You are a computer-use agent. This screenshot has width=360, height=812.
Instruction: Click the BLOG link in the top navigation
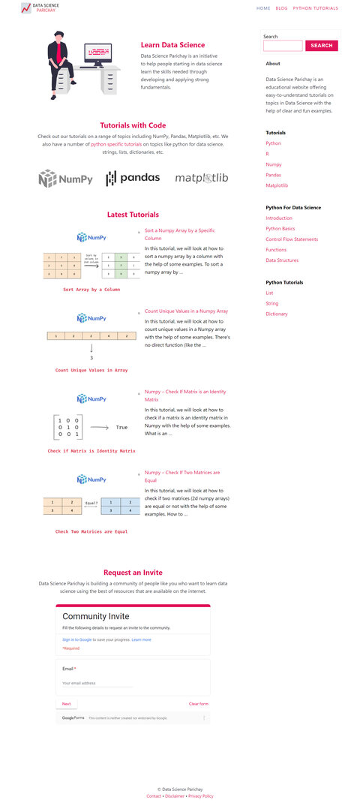pos(281,8)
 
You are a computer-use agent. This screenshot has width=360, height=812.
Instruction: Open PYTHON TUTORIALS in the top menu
pos(315,8)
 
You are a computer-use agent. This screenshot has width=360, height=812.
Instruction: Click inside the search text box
pos(283,46)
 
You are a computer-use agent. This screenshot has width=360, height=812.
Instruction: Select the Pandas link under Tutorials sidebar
pos(273,175)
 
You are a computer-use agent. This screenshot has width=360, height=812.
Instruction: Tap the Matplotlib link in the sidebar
pos(277,185)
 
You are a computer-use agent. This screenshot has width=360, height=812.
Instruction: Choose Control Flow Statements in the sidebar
pos(292,239)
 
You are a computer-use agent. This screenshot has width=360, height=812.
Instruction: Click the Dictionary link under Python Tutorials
pos(276,314)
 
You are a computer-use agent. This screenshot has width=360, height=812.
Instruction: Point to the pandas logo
pos(133,178)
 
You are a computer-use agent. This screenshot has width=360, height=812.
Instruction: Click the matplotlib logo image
pos(202,179)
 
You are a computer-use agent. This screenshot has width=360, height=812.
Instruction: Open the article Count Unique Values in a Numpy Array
pos(186,311)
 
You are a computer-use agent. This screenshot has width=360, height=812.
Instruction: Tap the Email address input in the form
pos(97,684)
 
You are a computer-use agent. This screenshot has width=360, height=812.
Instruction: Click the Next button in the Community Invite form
pos(66,704)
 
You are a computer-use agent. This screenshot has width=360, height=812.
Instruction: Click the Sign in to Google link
pos(76,640)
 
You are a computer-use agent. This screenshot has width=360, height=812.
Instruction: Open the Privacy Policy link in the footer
pos(200,796)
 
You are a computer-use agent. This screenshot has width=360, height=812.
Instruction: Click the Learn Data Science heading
pos(172,45)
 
